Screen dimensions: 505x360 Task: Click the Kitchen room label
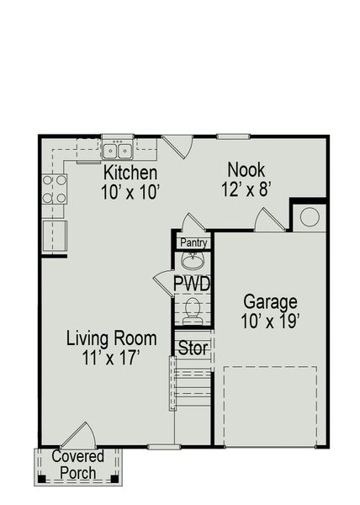pos(130,173)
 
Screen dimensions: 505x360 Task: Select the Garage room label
pos(271,301)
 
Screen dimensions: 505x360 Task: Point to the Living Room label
pos(112,338)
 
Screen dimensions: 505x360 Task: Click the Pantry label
pos(192,242)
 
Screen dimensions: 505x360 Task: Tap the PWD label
pos(192,283)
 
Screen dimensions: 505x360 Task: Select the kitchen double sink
pos(118,151)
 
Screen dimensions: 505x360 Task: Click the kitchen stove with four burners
pos(55,190)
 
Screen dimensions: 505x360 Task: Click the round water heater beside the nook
pos(308,216)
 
